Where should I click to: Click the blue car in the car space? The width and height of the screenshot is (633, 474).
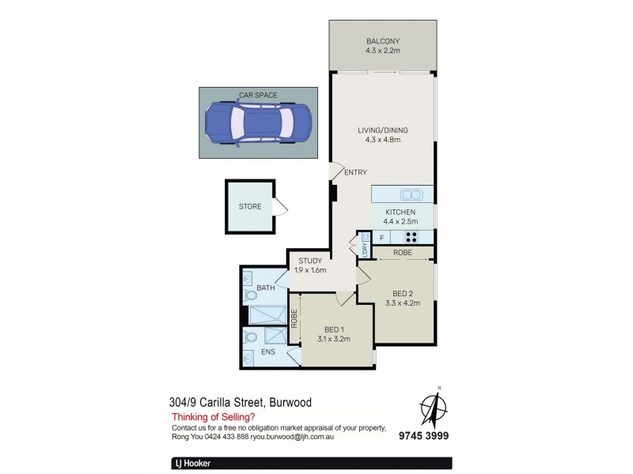(x=248, y=124)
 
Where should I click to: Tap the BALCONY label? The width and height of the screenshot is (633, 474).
(x=382, y=42)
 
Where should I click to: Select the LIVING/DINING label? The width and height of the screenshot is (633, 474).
(x=382, y=130)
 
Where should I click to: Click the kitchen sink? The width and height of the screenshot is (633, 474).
(x=411, y=194)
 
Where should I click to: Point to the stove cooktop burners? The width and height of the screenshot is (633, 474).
(x=411, y=236)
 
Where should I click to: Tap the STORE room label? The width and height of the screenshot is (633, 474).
(x=250, y=208)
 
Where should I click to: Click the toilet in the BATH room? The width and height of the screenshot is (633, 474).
(x=252, y=297)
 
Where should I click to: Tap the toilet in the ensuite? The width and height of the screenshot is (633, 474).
(x=252, y=338)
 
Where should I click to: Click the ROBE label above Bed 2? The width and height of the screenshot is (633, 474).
(x=403, y=252)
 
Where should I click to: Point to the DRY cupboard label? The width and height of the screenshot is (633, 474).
(x=365, y=248)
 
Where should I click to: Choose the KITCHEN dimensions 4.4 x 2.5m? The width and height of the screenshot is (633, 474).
(x=402, y=221)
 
